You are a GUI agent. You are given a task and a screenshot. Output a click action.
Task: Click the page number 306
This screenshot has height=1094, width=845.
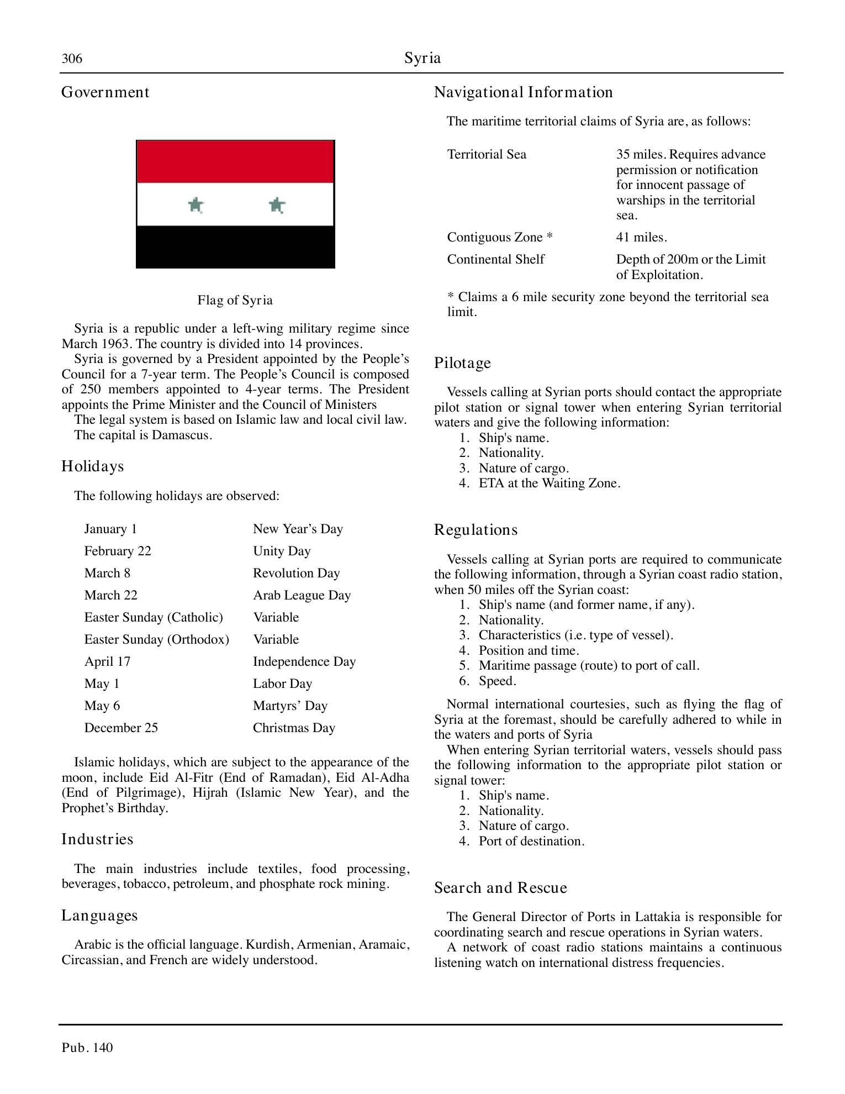point(72,59)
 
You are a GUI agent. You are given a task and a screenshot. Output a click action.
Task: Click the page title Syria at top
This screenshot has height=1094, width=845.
point(422,58)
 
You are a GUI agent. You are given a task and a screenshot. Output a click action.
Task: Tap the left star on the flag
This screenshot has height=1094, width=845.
point(196,205)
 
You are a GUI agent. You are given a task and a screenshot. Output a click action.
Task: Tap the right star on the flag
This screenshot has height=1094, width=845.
point(277,206)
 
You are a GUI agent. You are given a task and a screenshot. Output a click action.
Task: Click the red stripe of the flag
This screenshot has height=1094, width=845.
point(235,162)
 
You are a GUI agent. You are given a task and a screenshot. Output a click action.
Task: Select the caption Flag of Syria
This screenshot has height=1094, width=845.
point(235,300)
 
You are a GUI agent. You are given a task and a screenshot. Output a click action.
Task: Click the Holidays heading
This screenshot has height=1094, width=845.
point(92,466)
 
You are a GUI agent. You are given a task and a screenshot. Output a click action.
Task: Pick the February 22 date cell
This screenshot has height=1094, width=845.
point(118,551)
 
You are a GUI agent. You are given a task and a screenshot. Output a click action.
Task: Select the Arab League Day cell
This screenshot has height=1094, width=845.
point(302,595)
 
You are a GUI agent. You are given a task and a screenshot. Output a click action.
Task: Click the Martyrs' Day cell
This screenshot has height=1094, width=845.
point(290,706)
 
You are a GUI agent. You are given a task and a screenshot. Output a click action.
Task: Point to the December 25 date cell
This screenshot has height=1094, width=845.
point(121,728)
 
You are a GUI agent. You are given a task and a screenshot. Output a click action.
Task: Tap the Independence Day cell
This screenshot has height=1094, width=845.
point(304,661)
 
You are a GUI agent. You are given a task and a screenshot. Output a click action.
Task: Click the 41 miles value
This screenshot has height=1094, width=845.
point(641,237)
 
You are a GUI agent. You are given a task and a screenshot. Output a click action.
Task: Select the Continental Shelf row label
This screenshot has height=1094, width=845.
point(495,259)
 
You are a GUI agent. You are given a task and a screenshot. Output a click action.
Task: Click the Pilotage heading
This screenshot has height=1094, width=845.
point(462,363)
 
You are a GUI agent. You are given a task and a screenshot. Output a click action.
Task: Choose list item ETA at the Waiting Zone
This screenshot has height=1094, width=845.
point(549,483)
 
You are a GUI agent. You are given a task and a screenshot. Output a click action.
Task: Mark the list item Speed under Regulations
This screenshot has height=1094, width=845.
point(497,681)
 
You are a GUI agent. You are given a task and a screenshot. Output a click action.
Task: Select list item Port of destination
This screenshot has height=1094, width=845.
point(531,841)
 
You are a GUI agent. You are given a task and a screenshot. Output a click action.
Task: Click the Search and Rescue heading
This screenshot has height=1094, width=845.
point(500,888)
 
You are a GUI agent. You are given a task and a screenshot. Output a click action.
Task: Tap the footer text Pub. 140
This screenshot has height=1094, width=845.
point(87,1048)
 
